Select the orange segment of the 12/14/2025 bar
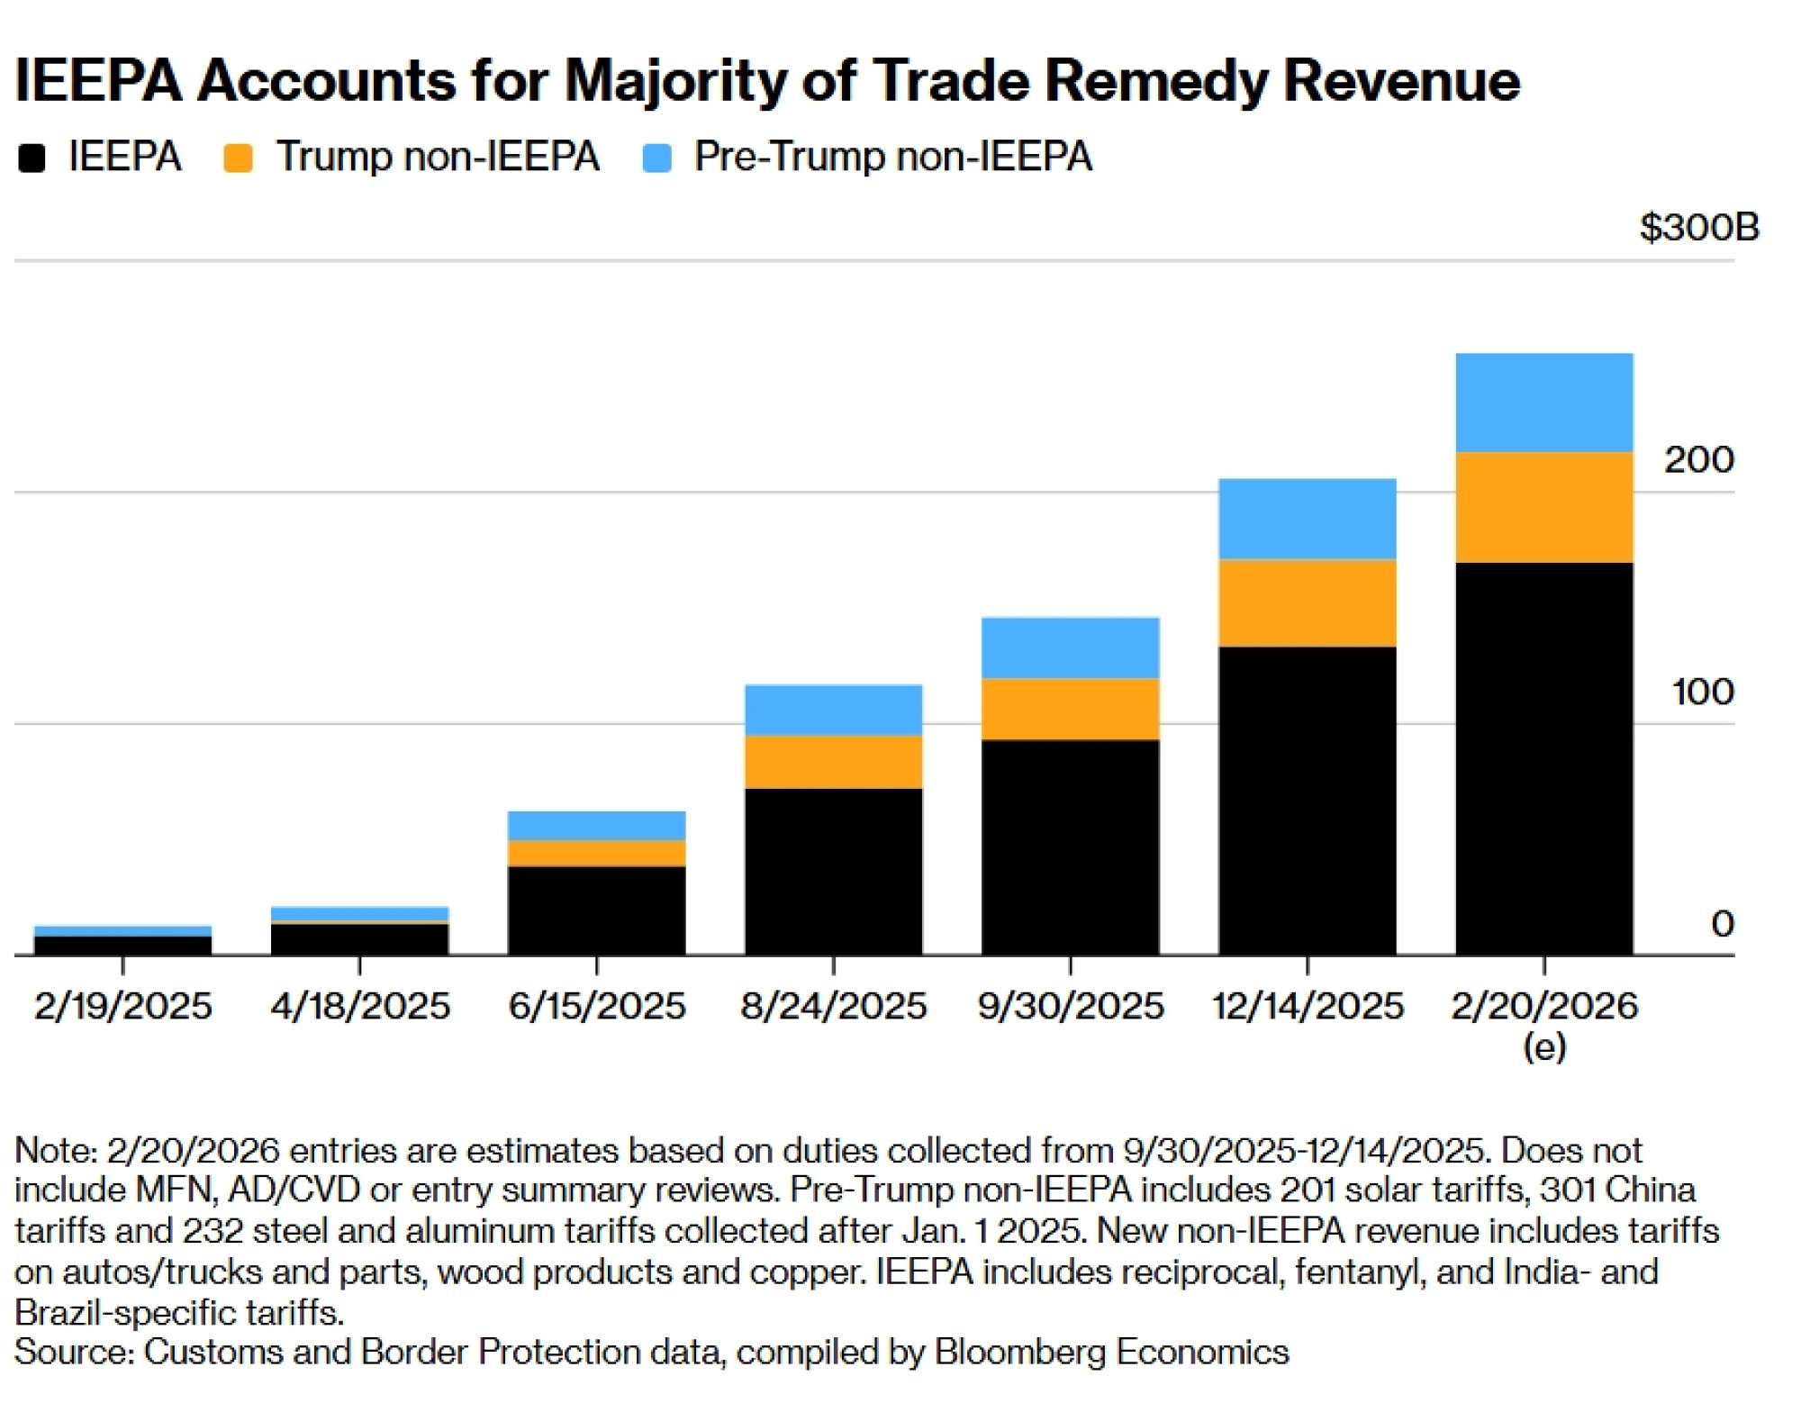pos(1307,602)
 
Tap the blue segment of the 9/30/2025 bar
pos(1070,647)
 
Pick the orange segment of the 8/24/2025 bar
pos(833,762)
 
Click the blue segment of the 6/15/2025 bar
pos(596,825)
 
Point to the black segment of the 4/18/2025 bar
pos(359,939)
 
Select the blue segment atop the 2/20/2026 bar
pos(1543,403)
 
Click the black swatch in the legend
pos(32,158)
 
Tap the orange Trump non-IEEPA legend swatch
pos(238,158)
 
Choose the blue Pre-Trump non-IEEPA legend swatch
pos(656,158)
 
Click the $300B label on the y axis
pos(1698,227)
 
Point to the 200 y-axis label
pos(1698,460)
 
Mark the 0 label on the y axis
pos(1722,924)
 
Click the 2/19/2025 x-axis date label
pos(123,1006)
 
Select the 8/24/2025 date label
pos(833,1006)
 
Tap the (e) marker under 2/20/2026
pos(1543,1046)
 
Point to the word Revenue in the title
pos(1401,81)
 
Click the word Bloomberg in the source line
pos(1018,1352)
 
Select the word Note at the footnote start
pos(54,1150)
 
